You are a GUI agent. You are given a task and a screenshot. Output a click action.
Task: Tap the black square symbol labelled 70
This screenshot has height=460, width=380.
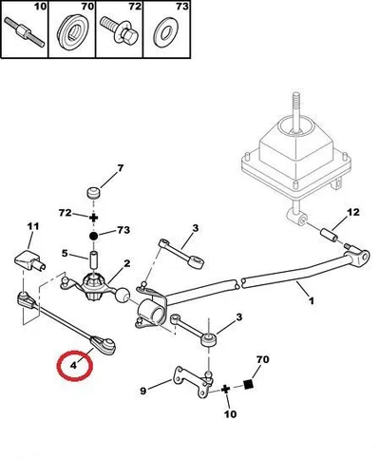click(x=249, y=384)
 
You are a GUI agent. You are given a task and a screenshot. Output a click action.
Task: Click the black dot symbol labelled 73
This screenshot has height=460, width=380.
click(x=93, y=236)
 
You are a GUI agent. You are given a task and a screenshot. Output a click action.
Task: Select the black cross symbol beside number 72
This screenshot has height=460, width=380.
click(x=93, y=218)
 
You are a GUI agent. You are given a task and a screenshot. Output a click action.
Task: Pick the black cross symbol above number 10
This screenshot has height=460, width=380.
click(x=225, y=389)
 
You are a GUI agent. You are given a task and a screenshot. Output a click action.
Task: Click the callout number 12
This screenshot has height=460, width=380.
click(x=352, y=212)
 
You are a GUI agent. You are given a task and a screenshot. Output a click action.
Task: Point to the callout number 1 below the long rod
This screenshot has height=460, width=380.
click(x=312, y=300)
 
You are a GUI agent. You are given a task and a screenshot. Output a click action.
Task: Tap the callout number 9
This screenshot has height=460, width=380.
click(x=143, y=392)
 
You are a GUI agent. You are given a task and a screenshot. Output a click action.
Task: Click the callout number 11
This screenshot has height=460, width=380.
click(x=32, y=226)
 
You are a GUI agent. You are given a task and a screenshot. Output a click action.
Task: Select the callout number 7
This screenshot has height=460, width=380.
click(x=121, y=168)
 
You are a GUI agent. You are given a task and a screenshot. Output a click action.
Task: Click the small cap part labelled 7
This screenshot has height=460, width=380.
click(x=93, y=193)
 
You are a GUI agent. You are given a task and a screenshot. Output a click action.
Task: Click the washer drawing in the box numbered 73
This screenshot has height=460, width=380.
click(x=165, y=32)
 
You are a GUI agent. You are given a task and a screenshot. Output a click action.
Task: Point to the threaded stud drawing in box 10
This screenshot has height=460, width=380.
click(x=25, y=32)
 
